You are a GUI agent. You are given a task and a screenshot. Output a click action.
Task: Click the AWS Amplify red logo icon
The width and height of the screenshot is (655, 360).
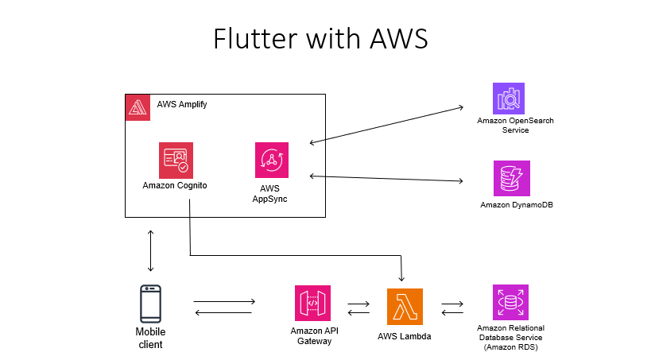click(x=138, y=107)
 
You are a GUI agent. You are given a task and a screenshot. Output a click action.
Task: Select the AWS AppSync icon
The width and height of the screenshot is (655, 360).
click(x=272, y=160)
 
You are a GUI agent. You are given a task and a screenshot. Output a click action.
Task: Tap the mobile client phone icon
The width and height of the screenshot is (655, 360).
click(x=150, y=304)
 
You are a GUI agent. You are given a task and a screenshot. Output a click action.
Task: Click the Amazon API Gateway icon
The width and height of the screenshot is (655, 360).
click(x=312, y=304)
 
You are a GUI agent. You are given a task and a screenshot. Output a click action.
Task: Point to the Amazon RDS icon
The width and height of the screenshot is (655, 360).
click(x=510, y=303)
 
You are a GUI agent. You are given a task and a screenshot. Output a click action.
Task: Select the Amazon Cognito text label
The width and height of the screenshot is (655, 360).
click(x=175, y=186)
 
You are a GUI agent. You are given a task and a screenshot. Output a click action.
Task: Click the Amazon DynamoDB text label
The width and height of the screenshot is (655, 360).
click(x=517, y=205)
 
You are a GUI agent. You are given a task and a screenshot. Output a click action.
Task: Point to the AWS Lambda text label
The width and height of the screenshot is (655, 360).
click(x=405, y=336)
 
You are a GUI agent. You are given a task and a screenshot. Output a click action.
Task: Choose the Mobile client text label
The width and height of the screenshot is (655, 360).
click(x=150, y=339)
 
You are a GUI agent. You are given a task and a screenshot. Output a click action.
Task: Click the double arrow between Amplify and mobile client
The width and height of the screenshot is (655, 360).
click(x=150, y=250)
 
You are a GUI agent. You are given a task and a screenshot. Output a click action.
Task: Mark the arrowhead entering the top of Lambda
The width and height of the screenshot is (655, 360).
click(x=402, y=279)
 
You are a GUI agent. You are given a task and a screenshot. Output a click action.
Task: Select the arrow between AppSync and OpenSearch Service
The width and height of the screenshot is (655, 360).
click(x=386, y=125)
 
